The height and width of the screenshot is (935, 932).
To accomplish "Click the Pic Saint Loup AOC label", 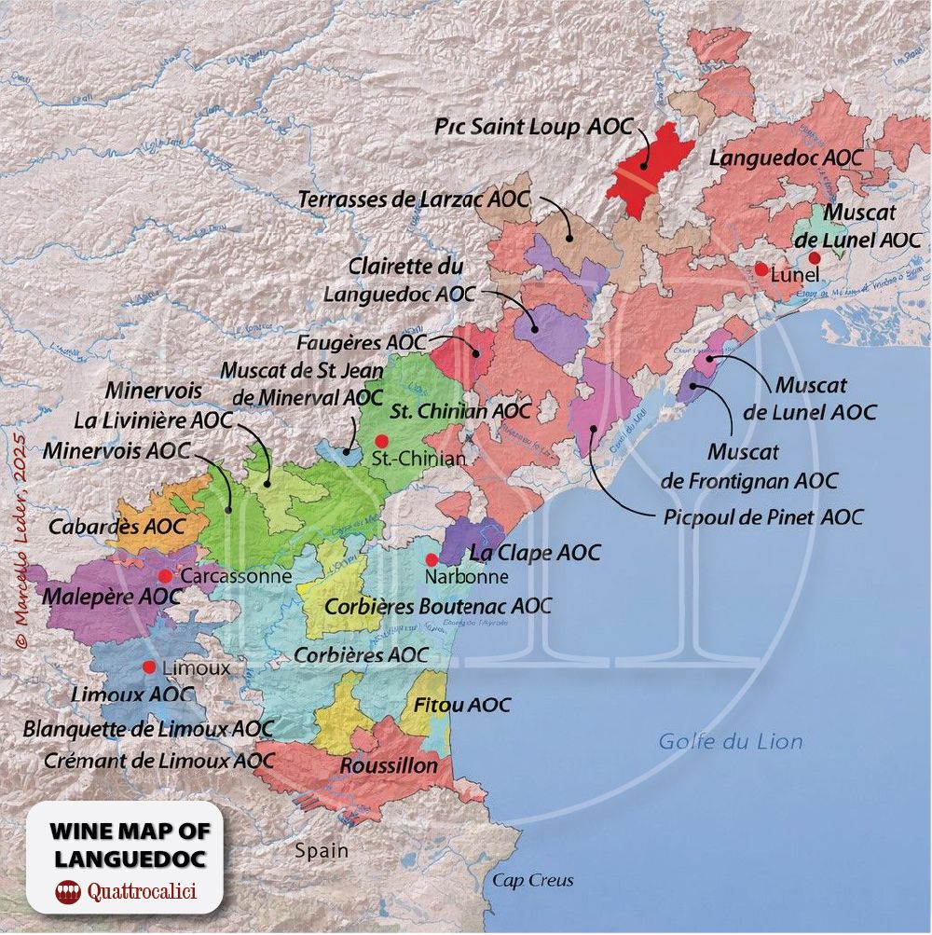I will point(534,128).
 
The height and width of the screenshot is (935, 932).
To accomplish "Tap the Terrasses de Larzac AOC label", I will point(414,199).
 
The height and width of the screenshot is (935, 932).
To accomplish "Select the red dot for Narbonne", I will point(432,559).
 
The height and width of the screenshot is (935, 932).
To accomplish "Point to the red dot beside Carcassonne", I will point(166,575).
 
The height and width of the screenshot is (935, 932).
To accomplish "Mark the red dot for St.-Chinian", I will point(380,440).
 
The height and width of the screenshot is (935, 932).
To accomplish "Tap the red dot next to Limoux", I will point(148,667).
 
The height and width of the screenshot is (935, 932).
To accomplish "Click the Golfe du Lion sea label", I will point(731,742).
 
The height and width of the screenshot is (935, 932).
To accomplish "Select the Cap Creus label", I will point(533,880).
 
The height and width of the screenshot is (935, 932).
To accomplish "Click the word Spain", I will point(322,850).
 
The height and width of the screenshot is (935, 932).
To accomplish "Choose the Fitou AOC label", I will point(462,705).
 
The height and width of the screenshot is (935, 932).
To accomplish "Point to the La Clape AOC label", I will point(535,553).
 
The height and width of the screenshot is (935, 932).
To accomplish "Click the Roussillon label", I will point(389,765).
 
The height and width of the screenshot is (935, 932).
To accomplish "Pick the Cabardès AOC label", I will point(117,526).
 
